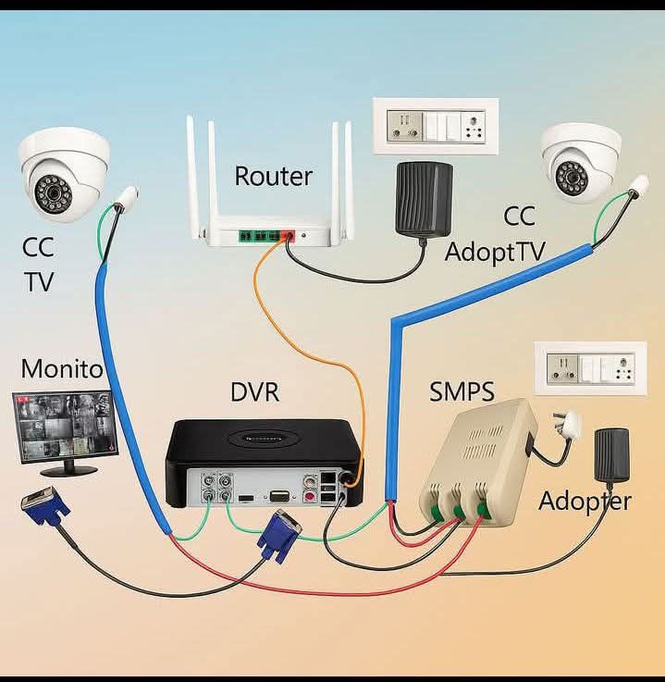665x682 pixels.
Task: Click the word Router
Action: pos(274,176)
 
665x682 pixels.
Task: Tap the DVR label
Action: pos(254,391)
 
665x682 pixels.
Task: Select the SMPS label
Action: pos(462,391)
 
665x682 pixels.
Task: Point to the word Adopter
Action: pos(585,501)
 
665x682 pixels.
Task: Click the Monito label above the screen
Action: pos(61,369)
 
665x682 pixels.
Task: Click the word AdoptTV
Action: pos(495,252)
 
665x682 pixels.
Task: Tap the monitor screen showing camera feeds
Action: pos(65,426)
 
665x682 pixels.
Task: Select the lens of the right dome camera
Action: pos(572,177)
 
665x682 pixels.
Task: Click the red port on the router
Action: pos(288,235)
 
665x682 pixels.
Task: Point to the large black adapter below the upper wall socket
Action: pos(424,199)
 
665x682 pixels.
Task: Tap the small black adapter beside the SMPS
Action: pos(611,455)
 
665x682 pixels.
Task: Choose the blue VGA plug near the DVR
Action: pos(279,536)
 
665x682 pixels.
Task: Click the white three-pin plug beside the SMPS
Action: pos(567,425)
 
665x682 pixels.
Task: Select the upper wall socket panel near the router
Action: pos(436,126)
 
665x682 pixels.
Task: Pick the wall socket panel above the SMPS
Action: pos(590,368)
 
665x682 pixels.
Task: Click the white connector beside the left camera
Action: pos(127,198)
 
